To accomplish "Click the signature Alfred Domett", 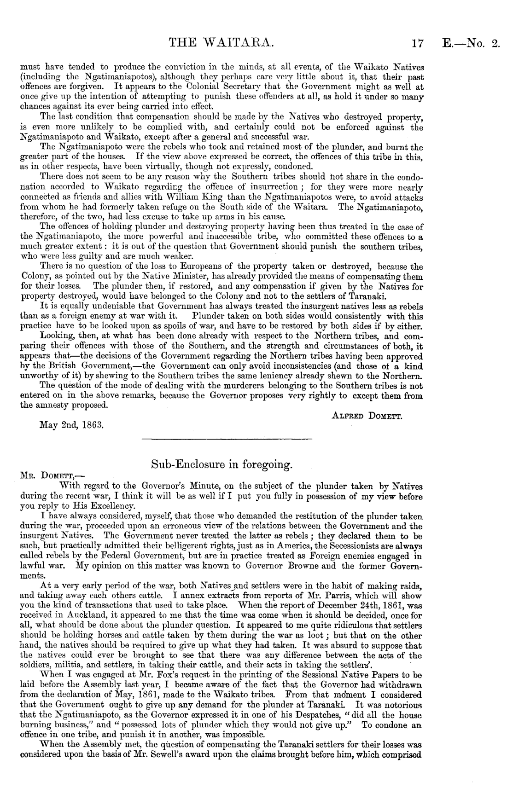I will click(x=367, y=417).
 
